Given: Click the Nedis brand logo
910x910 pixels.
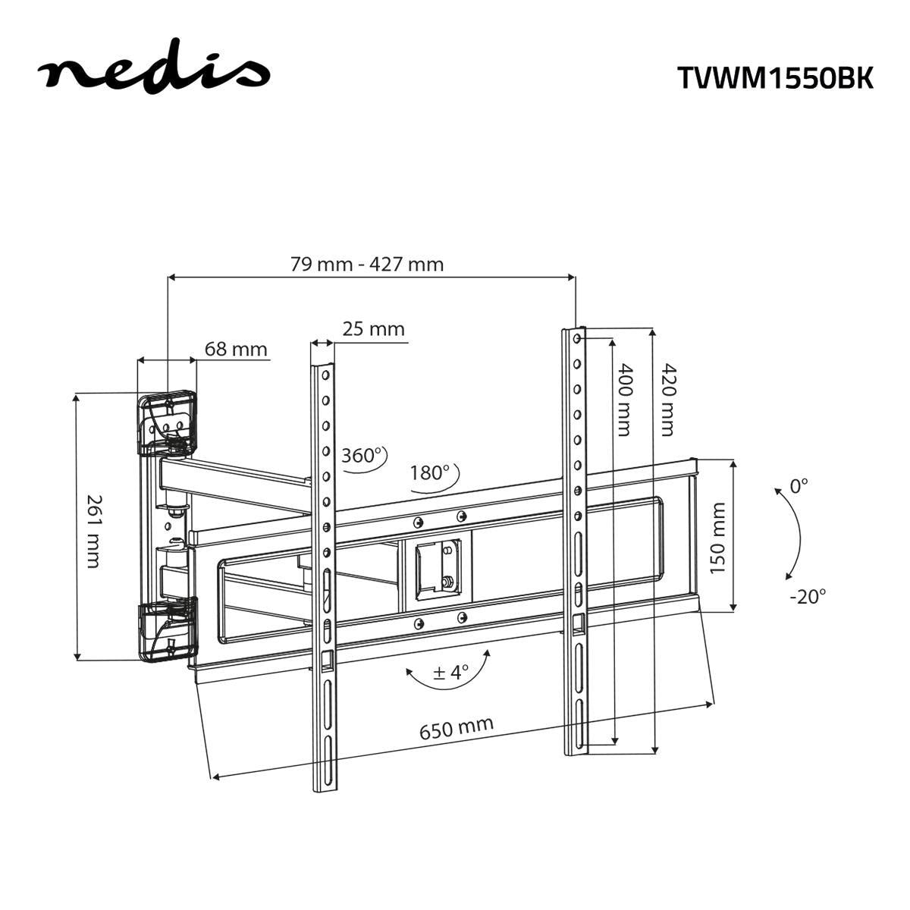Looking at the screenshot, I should coord(154,71).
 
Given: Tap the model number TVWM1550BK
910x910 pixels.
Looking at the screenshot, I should coord(774,77).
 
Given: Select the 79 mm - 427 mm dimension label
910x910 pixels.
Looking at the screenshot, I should coord(366,265).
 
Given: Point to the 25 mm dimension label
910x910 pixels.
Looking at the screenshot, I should coord(373,329).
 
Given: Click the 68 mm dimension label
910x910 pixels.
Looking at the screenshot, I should coord(236,350).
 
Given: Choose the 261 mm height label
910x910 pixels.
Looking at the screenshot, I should coord(93,531).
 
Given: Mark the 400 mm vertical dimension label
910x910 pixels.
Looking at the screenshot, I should coord(623,400).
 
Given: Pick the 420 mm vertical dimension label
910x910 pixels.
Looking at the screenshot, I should coord(667,400).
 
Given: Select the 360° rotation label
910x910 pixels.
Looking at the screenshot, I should coord(360,456).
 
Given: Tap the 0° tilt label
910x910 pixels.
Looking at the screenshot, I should coord(799,486).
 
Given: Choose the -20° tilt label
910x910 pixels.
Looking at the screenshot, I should coord(807,596).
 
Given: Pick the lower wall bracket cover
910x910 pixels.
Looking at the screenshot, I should coord(168,629).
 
